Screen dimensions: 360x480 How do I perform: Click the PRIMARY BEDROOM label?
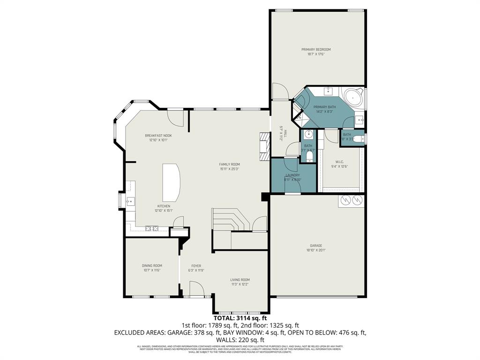(316, 49)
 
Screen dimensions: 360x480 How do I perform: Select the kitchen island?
(172, 182)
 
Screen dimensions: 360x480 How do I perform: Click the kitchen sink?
(129, 202)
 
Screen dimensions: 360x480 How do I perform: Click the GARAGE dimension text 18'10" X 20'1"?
(316, 250)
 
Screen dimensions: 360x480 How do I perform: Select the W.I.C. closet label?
(340, 162)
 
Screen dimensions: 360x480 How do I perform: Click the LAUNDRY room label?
(292, 175)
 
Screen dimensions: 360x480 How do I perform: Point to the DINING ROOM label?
(152, 265)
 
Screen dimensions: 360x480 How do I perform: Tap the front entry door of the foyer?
(197, 289)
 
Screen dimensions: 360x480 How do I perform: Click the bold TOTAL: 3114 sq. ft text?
(240, 318)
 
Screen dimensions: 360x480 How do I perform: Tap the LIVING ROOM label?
(240, 279)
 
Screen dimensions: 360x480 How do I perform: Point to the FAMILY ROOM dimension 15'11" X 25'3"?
(229, 169)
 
